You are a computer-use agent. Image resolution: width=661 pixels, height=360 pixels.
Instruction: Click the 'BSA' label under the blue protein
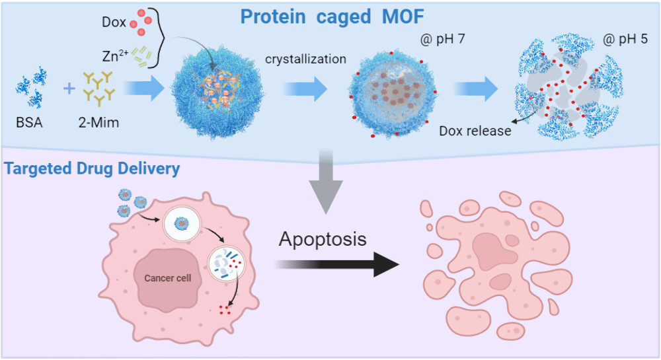31,122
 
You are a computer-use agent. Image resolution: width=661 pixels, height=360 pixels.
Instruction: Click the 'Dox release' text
475,131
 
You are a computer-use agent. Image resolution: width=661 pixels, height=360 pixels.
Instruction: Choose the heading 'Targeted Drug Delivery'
93,169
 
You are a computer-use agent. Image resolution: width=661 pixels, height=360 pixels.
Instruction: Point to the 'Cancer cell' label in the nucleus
168,278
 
